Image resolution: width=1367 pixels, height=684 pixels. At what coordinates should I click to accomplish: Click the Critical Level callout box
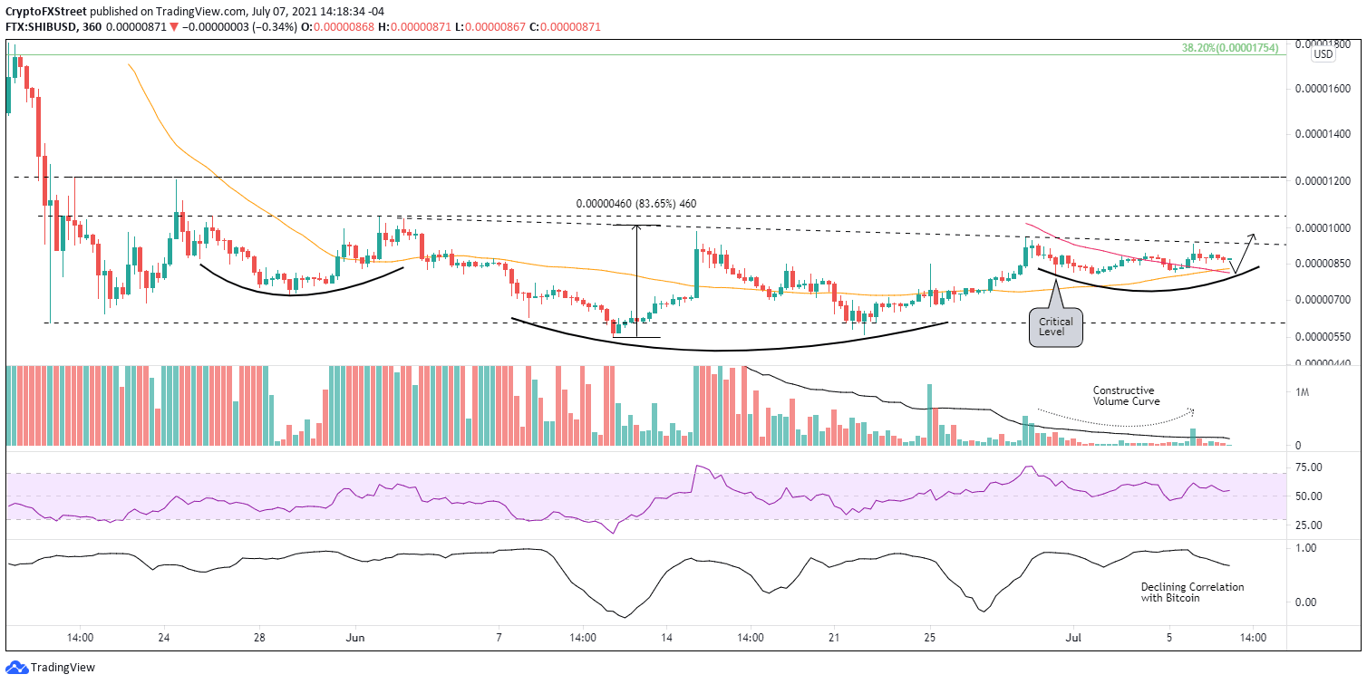click(1056, 327)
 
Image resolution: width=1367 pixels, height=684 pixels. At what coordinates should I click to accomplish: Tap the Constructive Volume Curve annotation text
click(1126, 395)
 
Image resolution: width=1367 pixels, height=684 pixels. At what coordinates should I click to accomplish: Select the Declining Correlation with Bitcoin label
click(1192, 592)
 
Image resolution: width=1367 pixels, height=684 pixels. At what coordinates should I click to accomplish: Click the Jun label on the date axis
click(355, 638)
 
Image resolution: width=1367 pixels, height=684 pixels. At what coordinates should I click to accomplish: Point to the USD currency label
click(1323, 54)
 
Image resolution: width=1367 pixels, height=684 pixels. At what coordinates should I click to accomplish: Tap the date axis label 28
click(259, 638)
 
